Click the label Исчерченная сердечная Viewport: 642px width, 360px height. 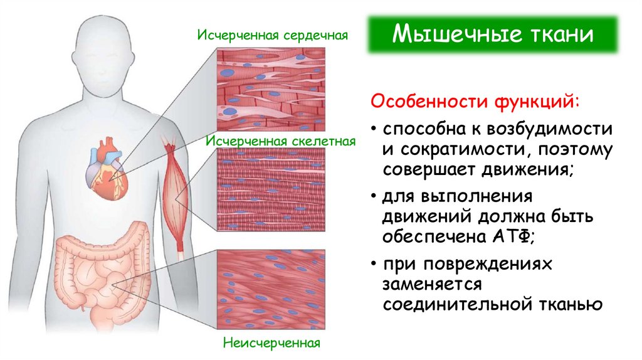click(272, 34)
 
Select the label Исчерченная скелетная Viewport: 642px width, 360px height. click(280, 141)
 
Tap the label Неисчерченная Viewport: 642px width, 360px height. click(271, 343)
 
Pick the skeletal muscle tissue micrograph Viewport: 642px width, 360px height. click(271, 192)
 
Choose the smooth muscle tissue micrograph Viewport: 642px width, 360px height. click(271, 290)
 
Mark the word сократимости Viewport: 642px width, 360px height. click(463, 150)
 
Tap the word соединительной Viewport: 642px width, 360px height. click(456, 304)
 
